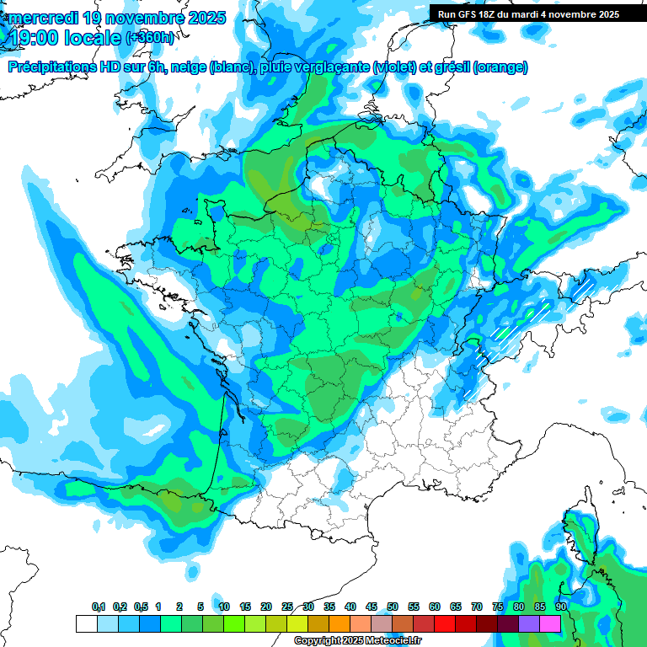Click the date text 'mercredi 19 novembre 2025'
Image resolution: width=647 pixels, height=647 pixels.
117,17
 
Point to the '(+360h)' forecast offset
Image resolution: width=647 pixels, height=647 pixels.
152,37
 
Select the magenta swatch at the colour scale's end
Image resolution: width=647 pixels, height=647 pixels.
550,624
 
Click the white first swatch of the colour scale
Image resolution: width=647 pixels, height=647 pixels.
87,624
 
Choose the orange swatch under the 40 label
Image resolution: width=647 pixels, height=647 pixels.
340,624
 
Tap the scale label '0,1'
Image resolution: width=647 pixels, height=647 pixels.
99,607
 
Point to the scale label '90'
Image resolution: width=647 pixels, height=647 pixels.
561,607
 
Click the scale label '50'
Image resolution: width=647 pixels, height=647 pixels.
393,607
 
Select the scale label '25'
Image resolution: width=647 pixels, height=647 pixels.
287,607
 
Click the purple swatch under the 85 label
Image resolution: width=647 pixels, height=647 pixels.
529,624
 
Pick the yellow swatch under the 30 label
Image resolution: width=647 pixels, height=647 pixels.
297,624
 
